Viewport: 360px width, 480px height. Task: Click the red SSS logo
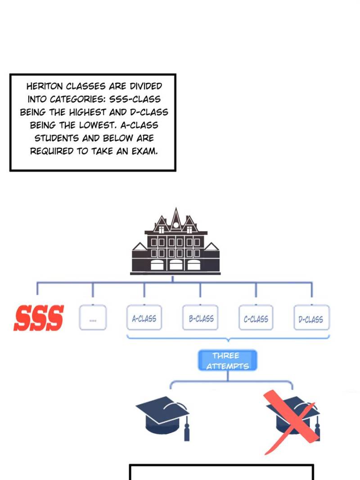tap(39, 318)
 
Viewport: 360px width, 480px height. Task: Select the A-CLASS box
tap(144, 318)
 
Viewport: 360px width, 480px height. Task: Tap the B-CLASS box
tap(201, 318)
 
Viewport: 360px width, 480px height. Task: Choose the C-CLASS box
tap(256, 319)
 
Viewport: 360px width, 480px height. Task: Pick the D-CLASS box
tap(311, 319)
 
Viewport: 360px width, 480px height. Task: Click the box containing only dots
tap(93, 318)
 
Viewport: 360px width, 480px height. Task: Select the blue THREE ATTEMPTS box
tap(227, 360)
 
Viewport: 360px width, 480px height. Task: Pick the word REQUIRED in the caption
tap(52, 151)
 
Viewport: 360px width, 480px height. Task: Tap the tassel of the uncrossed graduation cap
tap(186, 430)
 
